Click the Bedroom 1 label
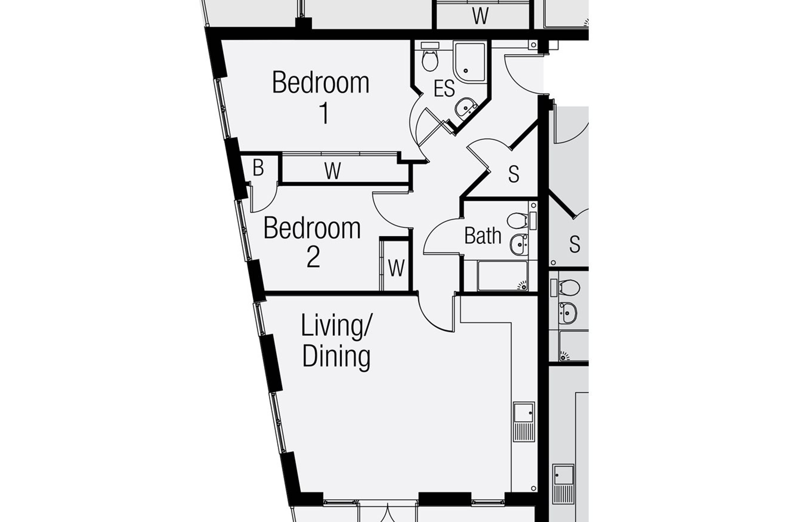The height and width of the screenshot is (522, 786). pyautogui.click(x=321, y=97)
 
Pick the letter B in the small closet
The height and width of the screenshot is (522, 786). pyautogui.click(x=258, y=168)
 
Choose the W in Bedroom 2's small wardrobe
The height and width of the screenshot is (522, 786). pyautogui.click(x=396, y=268)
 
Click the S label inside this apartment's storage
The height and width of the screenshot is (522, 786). pyautogui.click(x=514, y=174)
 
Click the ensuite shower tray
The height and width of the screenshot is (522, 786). pyautogui.click(x=470, y=62)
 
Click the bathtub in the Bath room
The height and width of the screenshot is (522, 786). pyautogui.click(x=503, y=276)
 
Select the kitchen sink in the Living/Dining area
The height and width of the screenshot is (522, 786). pyautogui.click(x=524, y=422)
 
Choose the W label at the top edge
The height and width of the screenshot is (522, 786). pyautogui.click(x=480, y=16)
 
